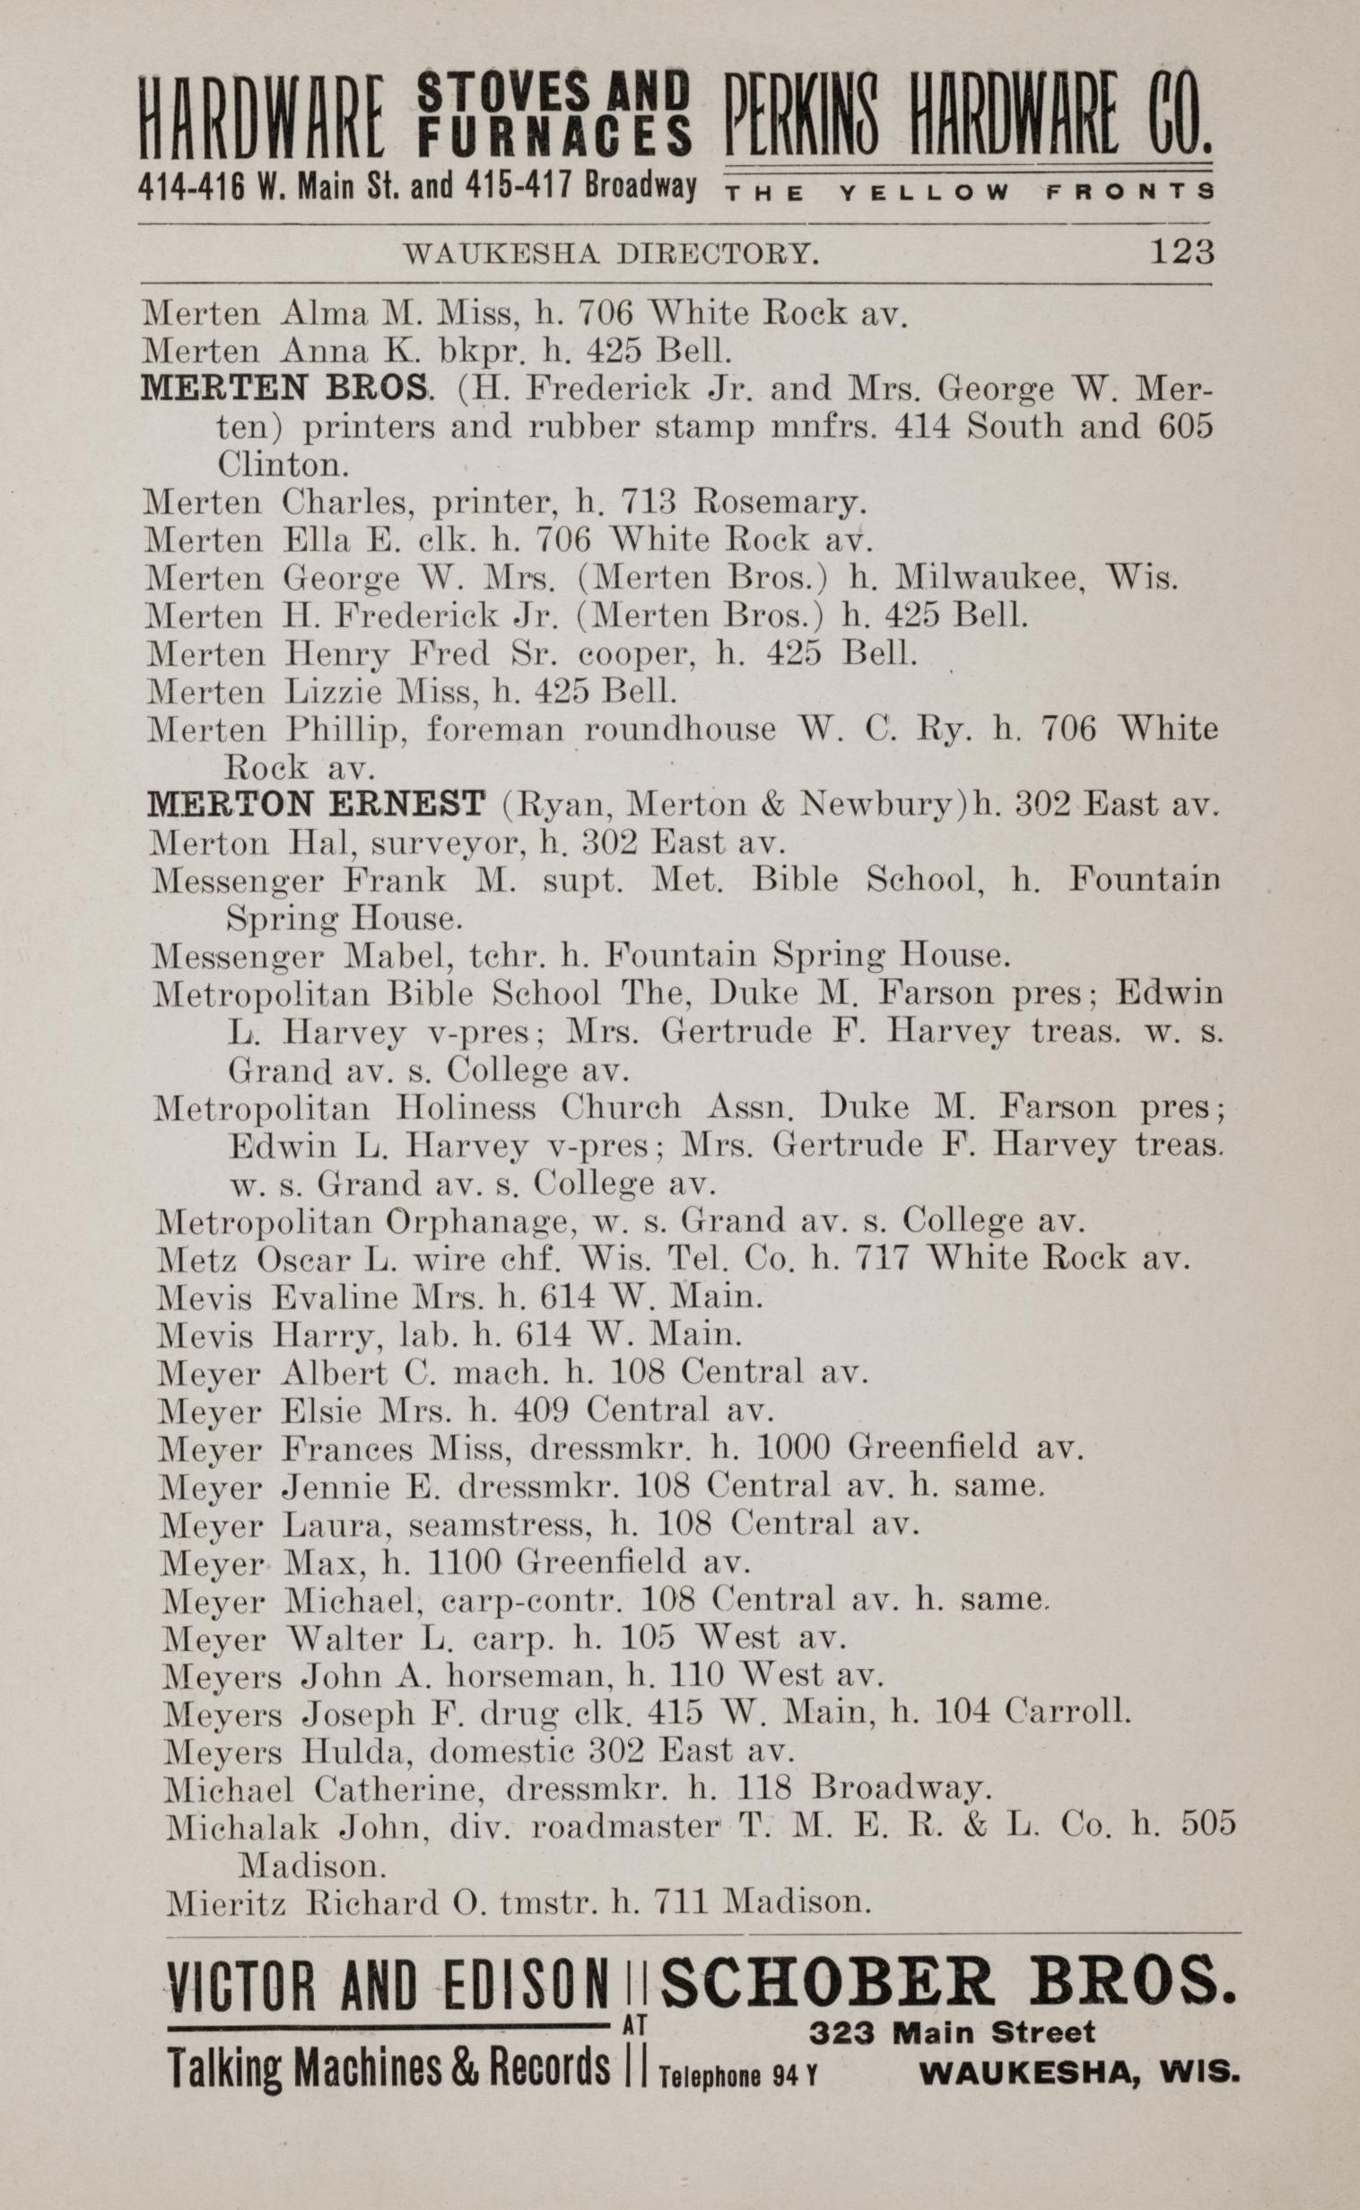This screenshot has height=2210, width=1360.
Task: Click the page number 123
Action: click(x=1181, y=253)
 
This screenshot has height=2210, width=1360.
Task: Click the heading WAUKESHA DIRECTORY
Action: click(x=612, y=255)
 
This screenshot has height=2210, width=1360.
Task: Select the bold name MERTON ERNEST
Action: click(x=317, y=803)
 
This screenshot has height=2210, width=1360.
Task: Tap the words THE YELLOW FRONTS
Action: click(x=968, y=192)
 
